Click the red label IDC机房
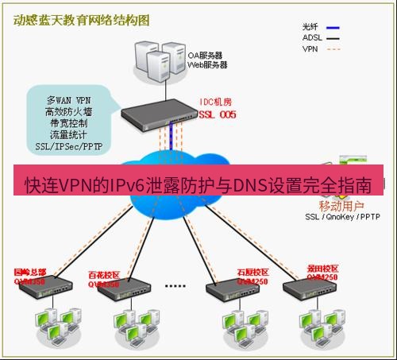click(216, 104)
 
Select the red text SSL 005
click(217, 114)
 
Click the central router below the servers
click(159, 116)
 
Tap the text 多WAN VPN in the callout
click(68, 101)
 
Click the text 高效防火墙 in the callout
click(67, 113)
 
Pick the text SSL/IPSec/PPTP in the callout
click(68, 147)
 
